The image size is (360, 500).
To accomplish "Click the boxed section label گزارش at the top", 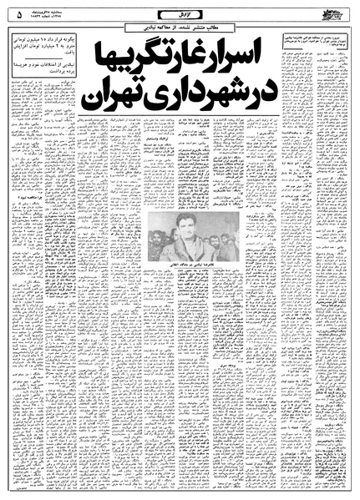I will tap(179, 14).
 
